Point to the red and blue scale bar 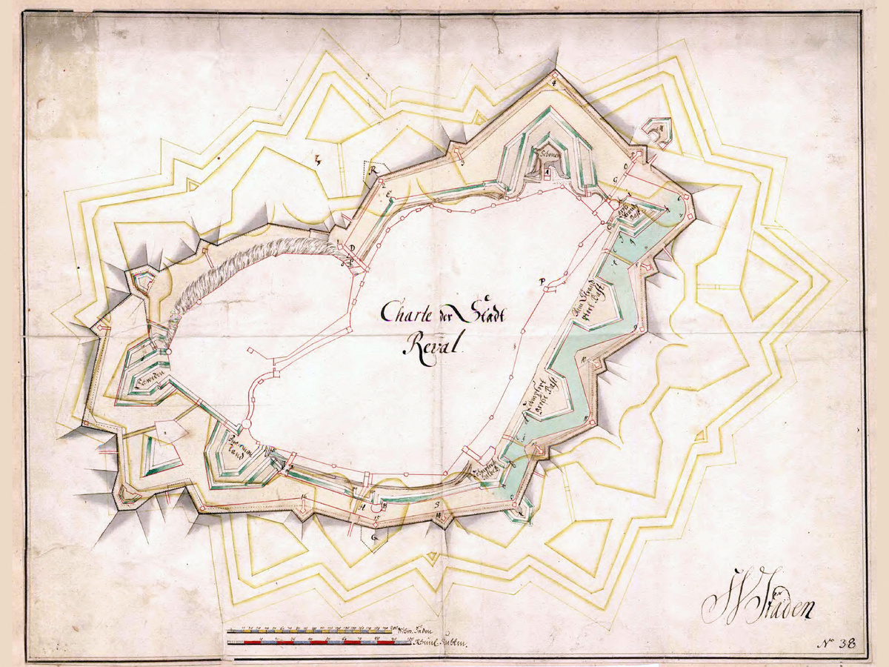coord(319,642)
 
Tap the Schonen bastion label coord(549,153)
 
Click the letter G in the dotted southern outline coord(375,534)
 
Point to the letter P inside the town coord(543,280)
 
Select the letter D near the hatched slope coord(353,248)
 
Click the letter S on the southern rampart coord(438,505)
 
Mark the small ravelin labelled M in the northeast coord(656,130)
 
